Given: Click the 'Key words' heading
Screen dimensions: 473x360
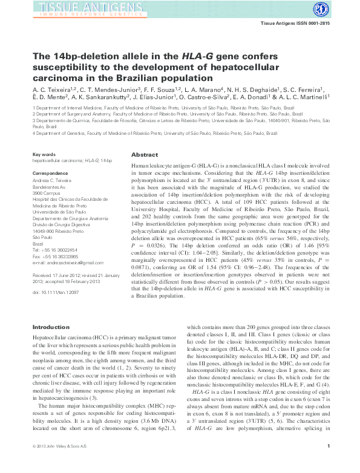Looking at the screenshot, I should tap(44, 155).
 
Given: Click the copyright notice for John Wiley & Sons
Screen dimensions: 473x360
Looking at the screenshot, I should tap(63, 463).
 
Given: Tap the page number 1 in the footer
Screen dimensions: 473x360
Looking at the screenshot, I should tap(327, 463).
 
